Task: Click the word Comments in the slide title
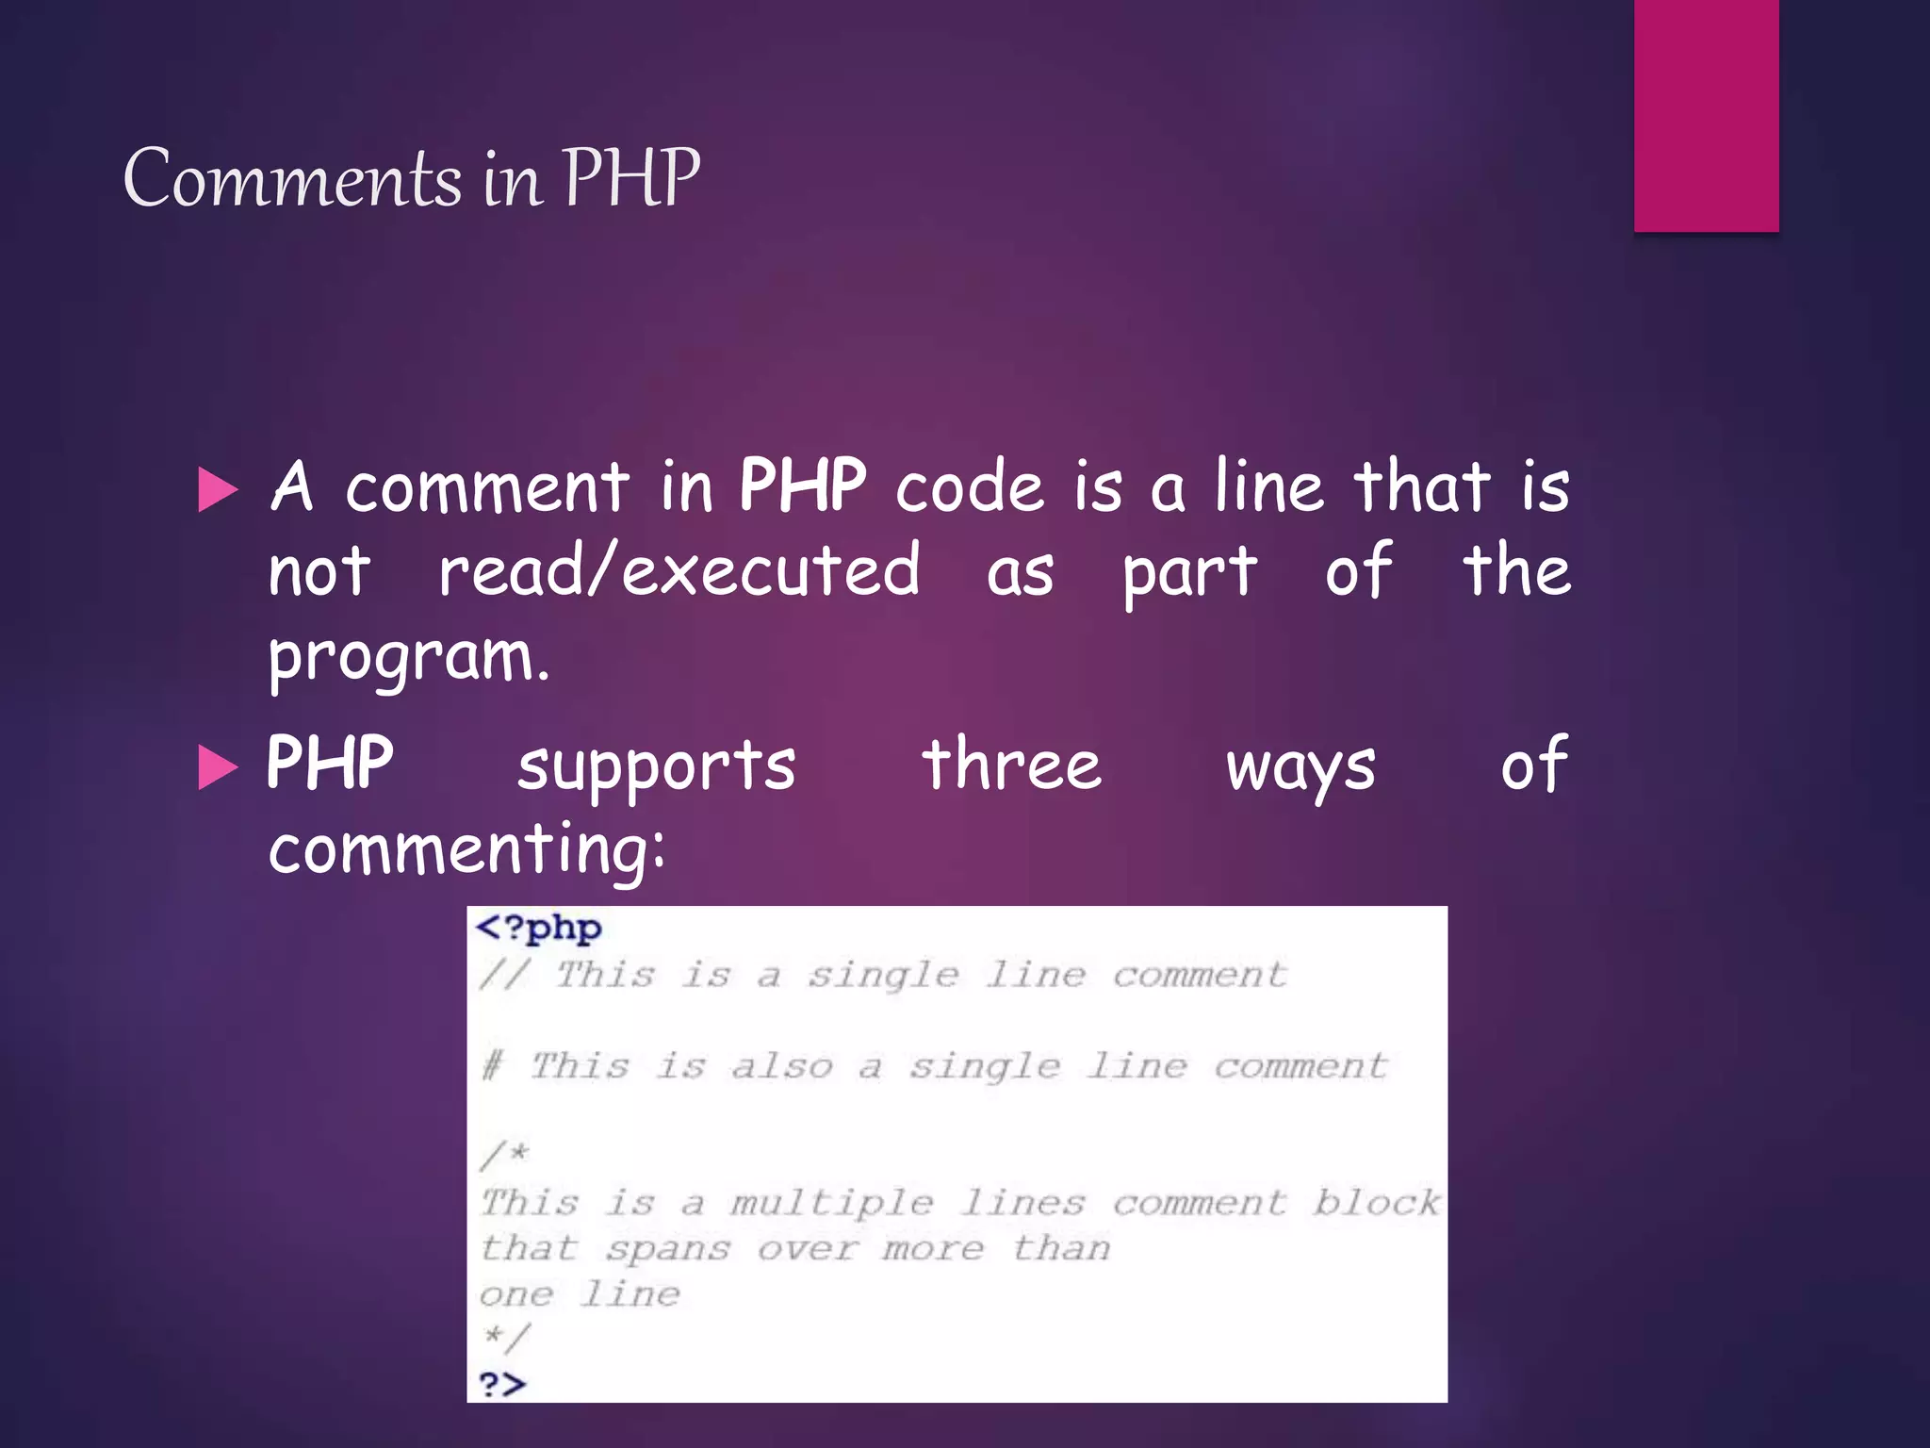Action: pyautogui.click(x=292, y=179)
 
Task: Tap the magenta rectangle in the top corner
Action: pyautogui.click(x=1706, y=115)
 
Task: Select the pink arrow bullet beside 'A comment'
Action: pyautogui.click(x=219, y=490)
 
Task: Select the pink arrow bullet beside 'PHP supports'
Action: pyautogui.click(x=219, y=766)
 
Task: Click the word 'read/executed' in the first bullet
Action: pyautogui.click(x=679, y=571)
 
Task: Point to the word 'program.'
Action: pyautogui.click(x=408, y=658)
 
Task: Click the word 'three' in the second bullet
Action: pyautogui.click(x=1011, y=765)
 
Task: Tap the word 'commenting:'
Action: pyautogui.click(x=466, y=849)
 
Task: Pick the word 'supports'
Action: pyautogui.click(x=657, y=766)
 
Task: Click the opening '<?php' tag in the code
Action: pyautogui.click(x=538, y=929)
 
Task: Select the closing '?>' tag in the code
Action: pyautogui.click(x=502, y=1384)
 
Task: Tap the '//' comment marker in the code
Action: pyautogui.click(x=503, y=974)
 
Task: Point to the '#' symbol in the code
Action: pyautogui.click(x=492, y=1066)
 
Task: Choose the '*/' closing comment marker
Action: pyautogui.click(x=506, y=1337)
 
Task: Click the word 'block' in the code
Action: pyautogui.click(x=1376, y=1203)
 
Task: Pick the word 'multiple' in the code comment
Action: pyautogui.click(x=831, y=1204)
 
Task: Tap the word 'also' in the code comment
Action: pyautogui.click(x=781, y=1066)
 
